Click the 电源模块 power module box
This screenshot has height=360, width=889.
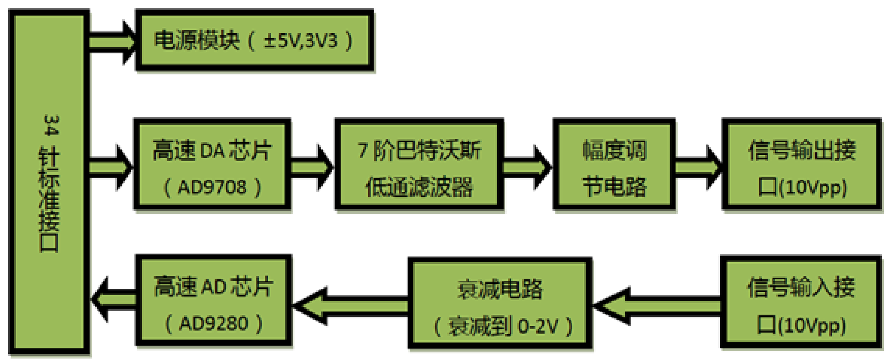coord(254,40)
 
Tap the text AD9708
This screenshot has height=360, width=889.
coord(212,187)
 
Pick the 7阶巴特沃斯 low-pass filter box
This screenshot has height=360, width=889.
coord(419,164)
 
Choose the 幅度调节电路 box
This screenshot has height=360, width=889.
coord(614,164)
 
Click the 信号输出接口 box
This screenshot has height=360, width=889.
coord(802,164)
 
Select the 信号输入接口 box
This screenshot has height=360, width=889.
coord(801,304)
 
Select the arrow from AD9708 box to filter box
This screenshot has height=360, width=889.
coord(311,167)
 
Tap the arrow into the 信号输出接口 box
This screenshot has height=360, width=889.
coord(698,167)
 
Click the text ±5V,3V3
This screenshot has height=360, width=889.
coord(300,41)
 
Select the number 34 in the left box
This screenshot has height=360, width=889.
coord(51,125)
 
